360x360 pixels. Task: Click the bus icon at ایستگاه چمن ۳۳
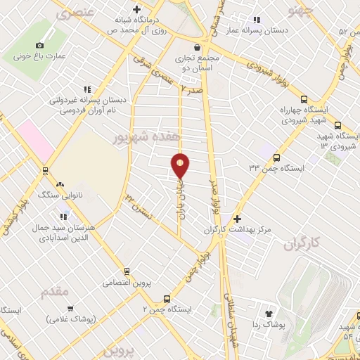click(x=276, y=158)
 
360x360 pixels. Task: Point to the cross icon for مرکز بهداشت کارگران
click(x=237, y=219)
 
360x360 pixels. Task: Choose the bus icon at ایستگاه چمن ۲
click(x=166, y=298)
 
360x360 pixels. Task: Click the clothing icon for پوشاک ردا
click(x=268, y=314)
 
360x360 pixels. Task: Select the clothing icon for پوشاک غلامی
click(x=70, y=308)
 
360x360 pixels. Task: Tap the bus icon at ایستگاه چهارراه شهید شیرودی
click(x=304, y=99)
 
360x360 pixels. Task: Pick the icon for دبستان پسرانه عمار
click(x=257, y=20)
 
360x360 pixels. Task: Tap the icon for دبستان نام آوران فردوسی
click(x=86, y=89)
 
